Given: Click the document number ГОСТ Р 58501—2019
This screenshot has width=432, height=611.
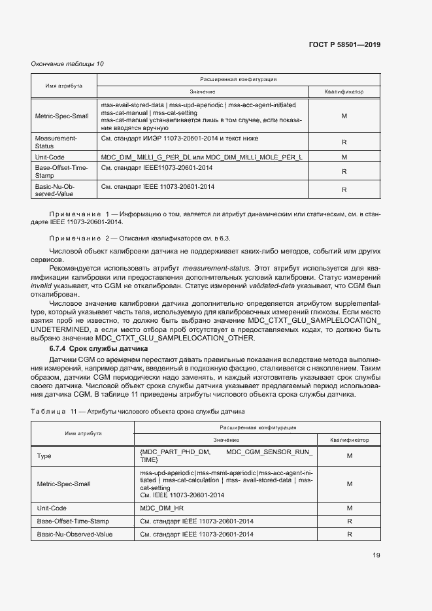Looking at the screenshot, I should [344, 45].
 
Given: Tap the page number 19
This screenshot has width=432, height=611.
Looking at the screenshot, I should [376, 555].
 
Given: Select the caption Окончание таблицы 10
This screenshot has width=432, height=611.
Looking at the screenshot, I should [67, 63].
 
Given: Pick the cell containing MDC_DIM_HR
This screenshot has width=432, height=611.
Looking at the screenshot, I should [163, 508].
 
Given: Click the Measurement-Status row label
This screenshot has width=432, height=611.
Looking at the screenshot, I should [56, 142].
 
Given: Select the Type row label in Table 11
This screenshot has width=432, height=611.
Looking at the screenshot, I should [44, 455].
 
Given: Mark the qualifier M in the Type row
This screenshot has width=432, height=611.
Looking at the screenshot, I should [350, 455].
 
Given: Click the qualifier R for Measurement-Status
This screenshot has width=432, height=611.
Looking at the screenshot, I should [343, 142].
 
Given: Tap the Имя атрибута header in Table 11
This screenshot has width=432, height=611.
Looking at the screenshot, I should [82, 433].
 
